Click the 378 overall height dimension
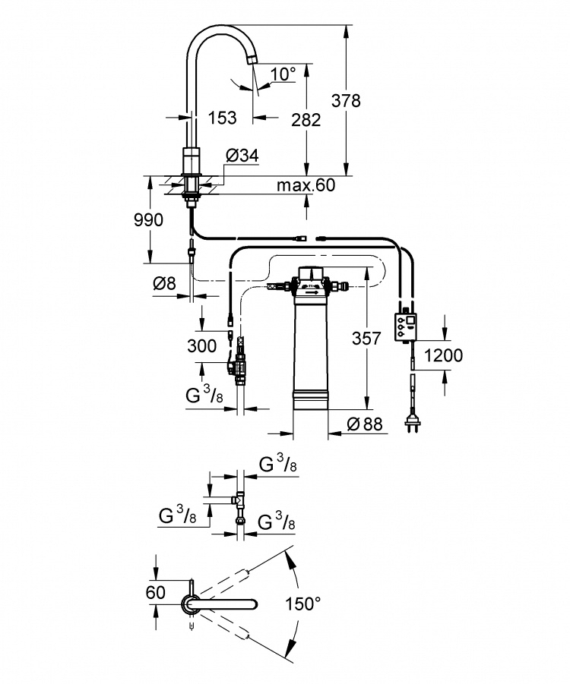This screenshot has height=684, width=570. [x=346, y=101]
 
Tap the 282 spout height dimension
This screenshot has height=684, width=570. [x=306, y=119]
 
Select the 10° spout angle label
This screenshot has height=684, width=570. [x=283, y=74]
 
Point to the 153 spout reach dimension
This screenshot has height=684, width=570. [x=222, y=118]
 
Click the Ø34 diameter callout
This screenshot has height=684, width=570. [x=242, y=156]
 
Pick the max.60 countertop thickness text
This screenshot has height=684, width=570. [x=306, y=185]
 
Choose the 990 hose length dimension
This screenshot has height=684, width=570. [x=148, y=220]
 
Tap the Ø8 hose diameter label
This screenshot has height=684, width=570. [x=164, y=284]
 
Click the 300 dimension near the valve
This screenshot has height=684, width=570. [x=202, y=346]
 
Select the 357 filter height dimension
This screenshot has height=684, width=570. [x=366, y=338]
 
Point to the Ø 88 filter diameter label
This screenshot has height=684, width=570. [x=365, y=424]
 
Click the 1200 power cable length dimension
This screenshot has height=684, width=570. [x=443, y=355]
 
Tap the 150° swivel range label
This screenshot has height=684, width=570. [x=302, y=604]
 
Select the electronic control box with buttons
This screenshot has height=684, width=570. [x=405, y=326]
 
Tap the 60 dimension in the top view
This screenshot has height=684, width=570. [x=156, y=592]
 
